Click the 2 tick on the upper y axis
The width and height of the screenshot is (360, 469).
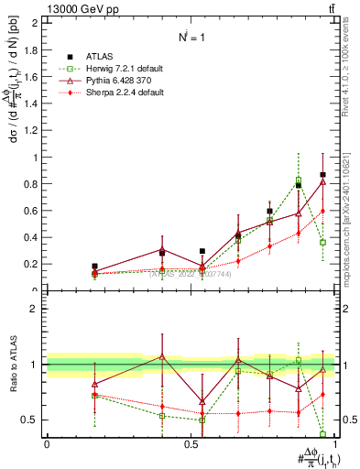(36, 23)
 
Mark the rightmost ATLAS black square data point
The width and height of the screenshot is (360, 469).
(322, 174)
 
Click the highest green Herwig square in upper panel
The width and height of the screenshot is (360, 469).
(299, 180)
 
